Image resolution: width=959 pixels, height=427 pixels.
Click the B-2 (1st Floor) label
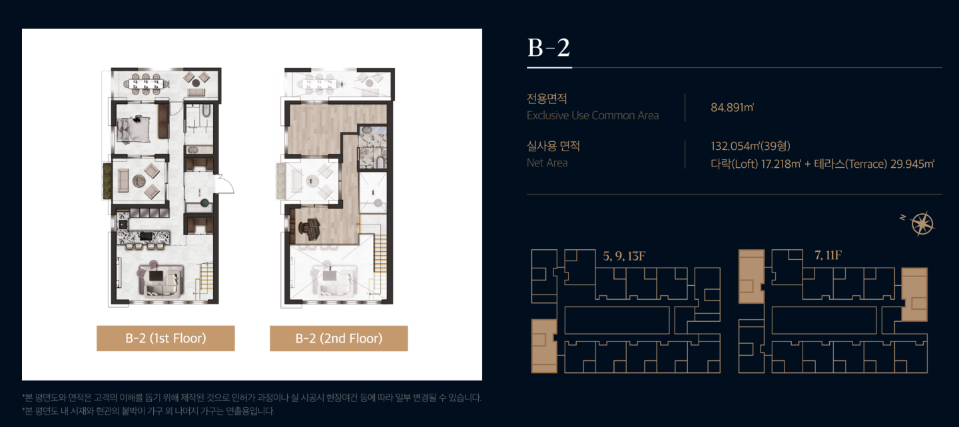(166, 338)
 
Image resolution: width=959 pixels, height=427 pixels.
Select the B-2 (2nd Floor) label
(338, 338)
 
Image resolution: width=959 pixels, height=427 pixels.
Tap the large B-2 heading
(549, 47)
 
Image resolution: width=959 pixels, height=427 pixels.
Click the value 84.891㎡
(732, 107)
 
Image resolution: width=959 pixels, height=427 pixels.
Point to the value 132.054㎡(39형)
(751, 146)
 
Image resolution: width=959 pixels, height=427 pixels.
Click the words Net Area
(547, 163)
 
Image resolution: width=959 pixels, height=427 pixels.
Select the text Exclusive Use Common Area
(593, 116)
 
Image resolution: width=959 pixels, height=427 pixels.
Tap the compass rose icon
(922, 224)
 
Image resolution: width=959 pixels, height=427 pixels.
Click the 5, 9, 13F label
(624, 256)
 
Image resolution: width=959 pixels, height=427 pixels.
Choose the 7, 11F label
(828, 255)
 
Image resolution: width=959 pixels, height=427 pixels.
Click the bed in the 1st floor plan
(133, 129)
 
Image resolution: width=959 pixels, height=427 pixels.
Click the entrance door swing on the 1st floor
(226, 184)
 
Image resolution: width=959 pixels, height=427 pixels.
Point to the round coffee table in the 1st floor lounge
(139, 181)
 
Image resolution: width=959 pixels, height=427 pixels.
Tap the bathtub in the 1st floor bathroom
(206, 112)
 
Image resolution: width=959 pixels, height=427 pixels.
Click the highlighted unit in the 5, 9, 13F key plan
(543, 346)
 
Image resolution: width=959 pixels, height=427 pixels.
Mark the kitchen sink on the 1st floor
(123, 224)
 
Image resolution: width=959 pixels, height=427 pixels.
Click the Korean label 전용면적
(547, 99)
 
